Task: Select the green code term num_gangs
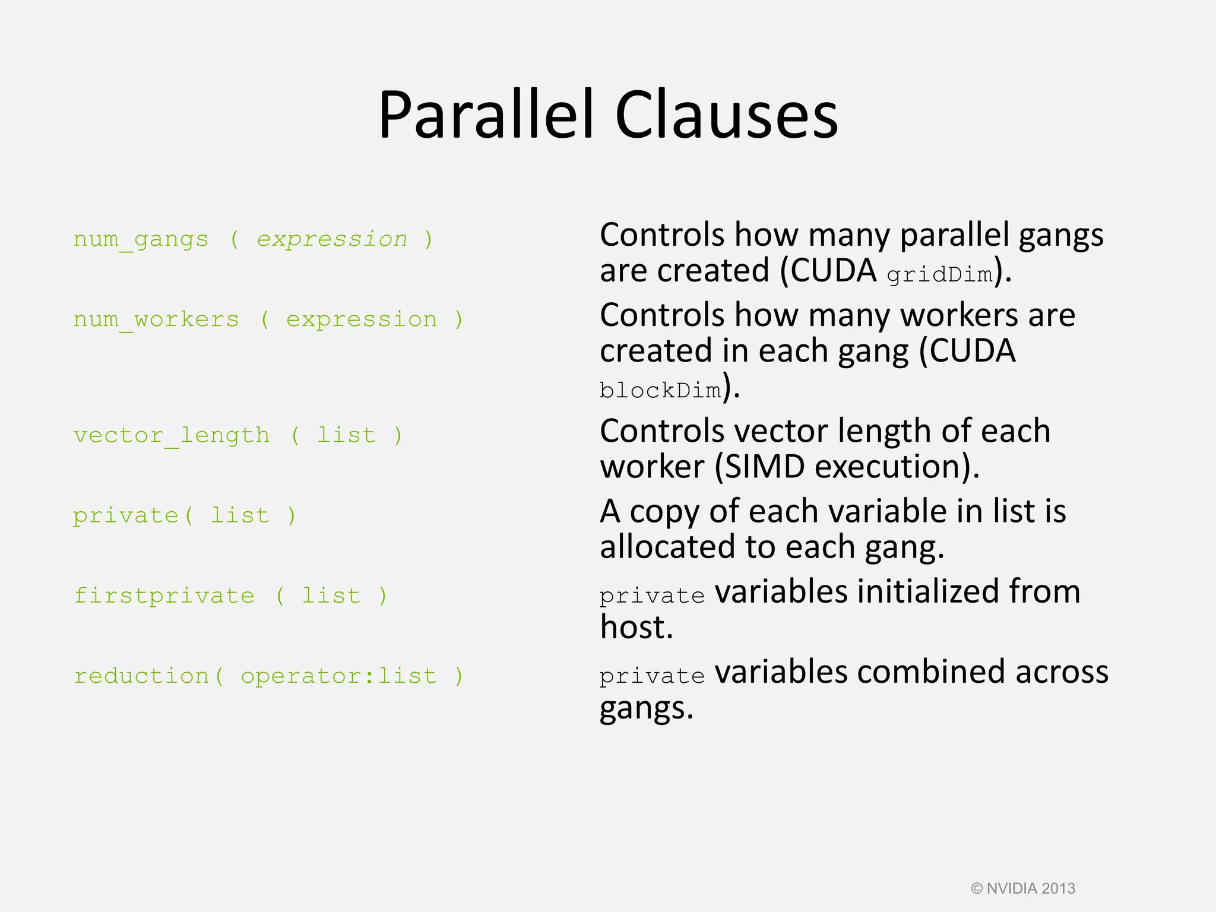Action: coord(141,239)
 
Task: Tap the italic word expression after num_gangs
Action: coord(332,239)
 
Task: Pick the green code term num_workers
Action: coord(156,319)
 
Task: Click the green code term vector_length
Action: coord(172,435)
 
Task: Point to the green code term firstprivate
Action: coord(164,596)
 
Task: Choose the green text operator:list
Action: coord(338,676)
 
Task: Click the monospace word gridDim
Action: coord(939,274)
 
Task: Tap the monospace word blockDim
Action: coord(660,390)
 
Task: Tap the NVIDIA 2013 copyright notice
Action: coord(1023,888)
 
